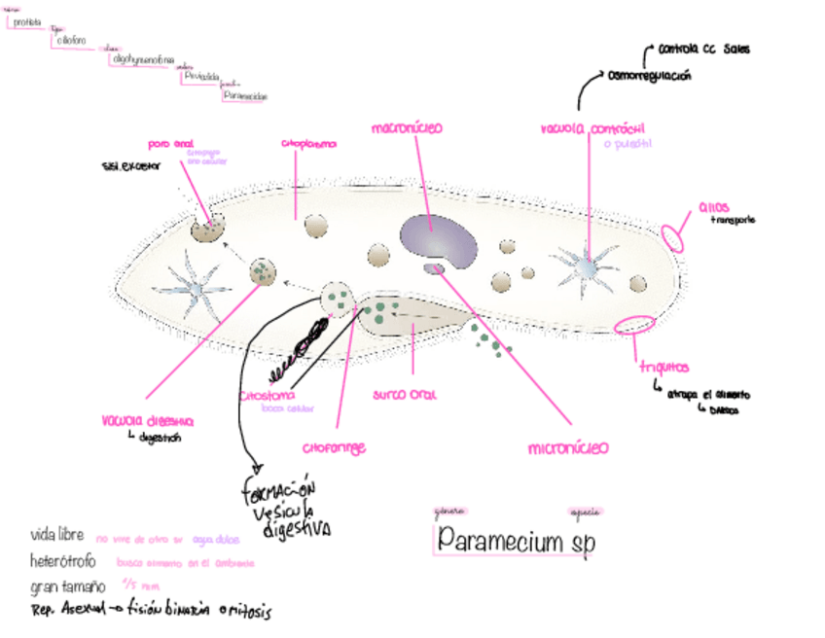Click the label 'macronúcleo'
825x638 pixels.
click(407, 127)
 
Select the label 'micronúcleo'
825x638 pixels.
click(568, 448)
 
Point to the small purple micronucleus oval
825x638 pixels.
click(434, 268)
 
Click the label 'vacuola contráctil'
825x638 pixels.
click(592, 128)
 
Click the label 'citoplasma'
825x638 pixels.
click(308, 144)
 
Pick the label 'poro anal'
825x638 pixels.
click(171, 143)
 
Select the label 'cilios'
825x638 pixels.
click(714, 206)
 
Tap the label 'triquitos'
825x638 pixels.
click(664, 367)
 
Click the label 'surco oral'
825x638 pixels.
click(405, 395)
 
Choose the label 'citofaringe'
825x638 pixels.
click(334, 448)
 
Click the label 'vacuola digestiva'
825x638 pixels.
click(147, 421)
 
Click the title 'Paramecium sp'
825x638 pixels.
click(516, 538)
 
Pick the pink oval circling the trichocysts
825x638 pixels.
click(634, 325)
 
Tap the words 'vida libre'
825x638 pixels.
click(57, 535)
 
